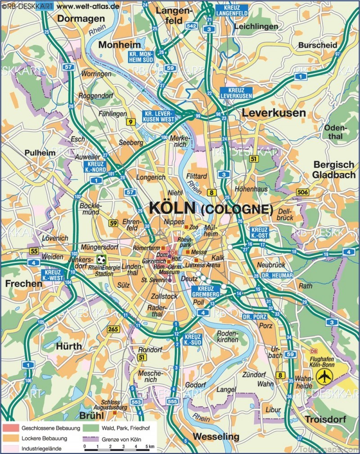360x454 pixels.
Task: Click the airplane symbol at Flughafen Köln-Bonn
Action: point(323,377)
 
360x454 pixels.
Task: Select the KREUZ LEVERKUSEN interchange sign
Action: point(235,93)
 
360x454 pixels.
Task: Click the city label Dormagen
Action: point(81,18)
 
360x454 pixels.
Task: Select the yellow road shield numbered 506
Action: point(303,192)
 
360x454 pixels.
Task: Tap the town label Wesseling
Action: point(216,436)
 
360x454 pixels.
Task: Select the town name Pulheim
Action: point(40,153)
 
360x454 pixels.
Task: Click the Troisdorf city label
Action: point(324,419)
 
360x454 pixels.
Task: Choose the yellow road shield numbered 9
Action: point(130,122)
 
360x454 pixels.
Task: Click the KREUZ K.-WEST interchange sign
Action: point(54,275)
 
